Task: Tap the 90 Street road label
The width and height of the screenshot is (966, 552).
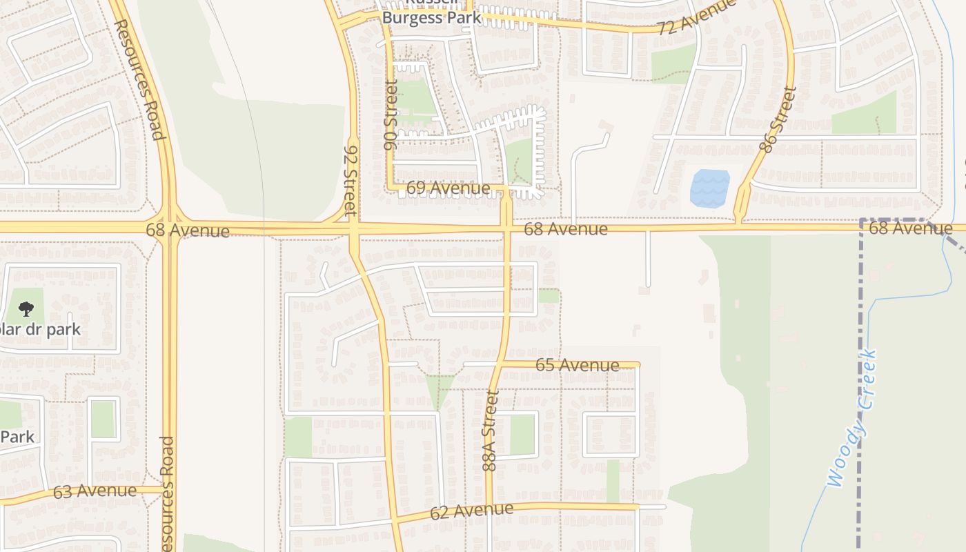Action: (x=391, y=115)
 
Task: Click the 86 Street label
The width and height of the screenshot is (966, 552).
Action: (x=777, y=119)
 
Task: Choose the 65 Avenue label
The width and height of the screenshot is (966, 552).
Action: (x=577, y=364)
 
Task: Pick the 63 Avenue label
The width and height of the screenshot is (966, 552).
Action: (x=95, y=491)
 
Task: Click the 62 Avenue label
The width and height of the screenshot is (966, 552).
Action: (x=471, y=511)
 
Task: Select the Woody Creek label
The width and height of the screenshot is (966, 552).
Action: (x=854, y=419)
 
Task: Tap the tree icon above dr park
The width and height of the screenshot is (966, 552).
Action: (x=26, y=308)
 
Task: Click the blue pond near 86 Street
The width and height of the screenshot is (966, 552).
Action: (x=709, y=187)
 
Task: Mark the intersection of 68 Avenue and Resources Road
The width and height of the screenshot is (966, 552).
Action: (x=169, y=227)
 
